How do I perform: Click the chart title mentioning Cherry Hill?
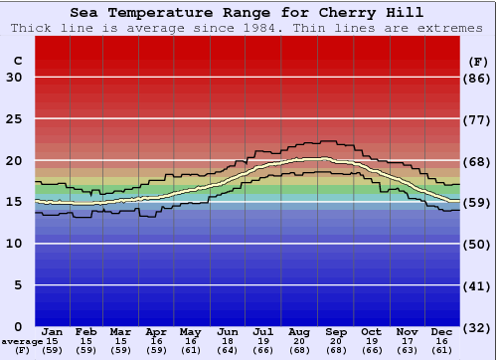pos(248,13)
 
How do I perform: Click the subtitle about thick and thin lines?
pos(248,28)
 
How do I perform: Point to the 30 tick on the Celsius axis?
pos(14,78)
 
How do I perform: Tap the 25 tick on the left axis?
pos(14,119)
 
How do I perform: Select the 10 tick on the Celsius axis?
pos(14,244)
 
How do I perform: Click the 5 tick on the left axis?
pos(14,285)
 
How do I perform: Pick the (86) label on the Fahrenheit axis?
pos(477,78)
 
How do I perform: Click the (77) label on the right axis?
pos(477,119)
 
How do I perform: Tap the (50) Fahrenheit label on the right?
pos(477,244)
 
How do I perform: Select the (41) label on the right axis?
pos(477,285)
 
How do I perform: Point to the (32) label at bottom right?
pos(477,326)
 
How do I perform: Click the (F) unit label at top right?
pos(477,61)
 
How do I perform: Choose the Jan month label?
pos(53,332)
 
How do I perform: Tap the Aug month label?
pos(300,332)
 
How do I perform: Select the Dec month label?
pos(442,332)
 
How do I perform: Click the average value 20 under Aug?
pos(300,341)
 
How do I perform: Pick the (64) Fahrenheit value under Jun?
pos(229,350)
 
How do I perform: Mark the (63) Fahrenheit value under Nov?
pos(408,350)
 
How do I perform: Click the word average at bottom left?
pos(22,341)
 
